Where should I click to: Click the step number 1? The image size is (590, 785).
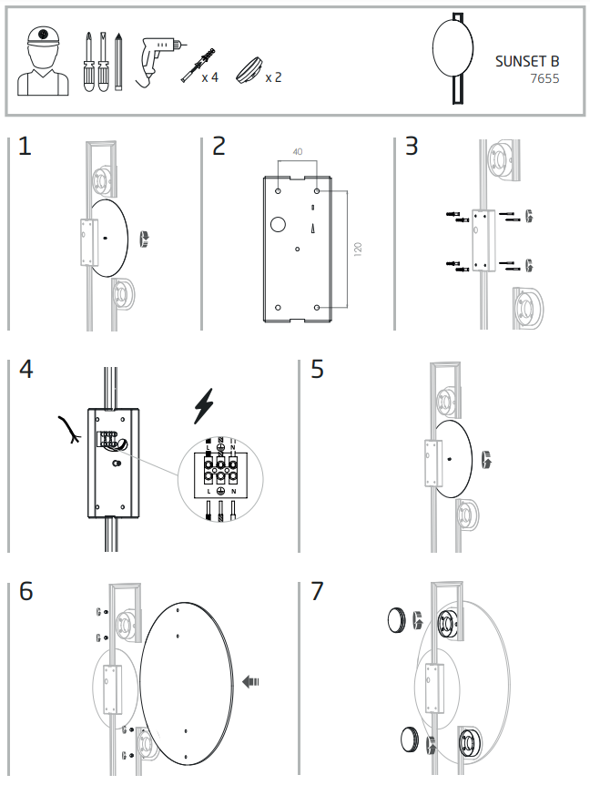point(25,147)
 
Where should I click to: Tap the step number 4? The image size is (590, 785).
point(25,370)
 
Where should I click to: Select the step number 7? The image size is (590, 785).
point(317,590)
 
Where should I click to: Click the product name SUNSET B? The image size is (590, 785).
point(527,62)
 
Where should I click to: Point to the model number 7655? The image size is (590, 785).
point(544,79)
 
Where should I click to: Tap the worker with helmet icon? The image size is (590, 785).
point(43,61)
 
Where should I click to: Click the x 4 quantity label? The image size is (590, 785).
point(209,77)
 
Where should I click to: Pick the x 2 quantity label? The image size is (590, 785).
point(273,77)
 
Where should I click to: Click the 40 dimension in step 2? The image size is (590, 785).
point(298,152)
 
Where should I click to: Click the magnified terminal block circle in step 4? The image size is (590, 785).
point(220,474)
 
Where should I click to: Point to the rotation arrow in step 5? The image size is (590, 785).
point(488,458)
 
